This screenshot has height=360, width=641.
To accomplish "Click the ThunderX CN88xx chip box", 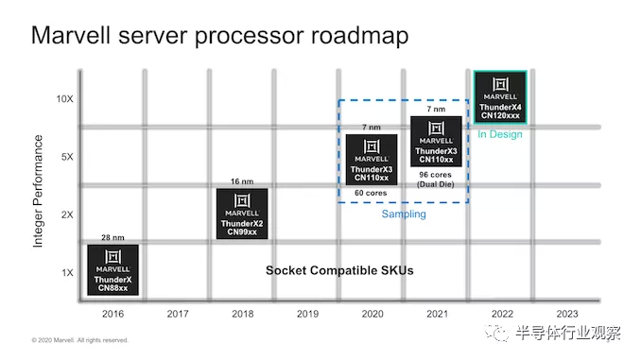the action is (x=113, y=269).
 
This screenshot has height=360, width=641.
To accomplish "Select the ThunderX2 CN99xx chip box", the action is (x=242, y=214).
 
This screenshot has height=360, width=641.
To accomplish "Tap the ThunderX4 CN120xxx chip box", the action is (x=500, y=97).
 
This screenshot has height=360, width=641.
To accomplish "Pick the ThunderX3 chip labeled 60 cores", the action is (x=372, y=160).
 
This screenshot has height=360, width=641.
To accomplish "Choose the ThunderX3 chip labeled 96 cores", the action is (x=436, y=142).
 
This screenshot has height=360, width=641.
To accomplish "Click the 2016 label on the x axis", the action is (x=113, y=314).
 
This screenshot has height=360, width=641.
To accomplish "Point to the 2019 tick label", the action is (x=307, y=314).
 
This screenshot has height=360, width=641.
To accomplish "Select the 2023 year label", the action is (x=567, y=314).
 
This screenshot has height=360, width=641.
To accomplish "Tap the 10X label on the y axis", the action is (x=64, y=99).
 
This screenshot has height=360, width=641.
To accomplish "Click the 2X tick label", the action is (x=67, y=214).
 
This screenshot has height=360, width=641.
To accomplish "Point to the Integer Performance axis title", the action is (x=38, y=191).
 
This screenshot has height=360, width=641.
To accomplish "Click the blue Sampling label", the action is (x=404, y=214).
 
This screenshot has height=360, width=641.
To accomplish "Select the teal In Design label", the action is (x=500, y=134).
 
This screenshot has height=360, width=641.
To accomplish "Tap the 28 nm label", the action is (x=113, y=237).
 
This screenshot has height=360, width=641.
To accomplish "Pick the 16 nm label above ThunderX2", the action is (x=242, y=181).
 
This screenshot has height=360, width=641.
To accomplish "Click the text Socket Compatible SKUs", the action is (x=339, y=270).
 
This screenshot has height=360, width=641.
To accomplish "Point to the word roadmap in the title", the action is (x=360, y=36).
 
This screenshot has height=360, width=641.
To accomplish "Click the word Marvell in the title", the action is (x=71, y=35).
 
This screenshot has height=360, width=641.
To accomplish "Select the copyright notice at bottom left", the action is (x=80, y=340).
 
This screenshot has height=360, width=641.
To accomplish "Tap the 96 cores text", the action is (x=436, y=175).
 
